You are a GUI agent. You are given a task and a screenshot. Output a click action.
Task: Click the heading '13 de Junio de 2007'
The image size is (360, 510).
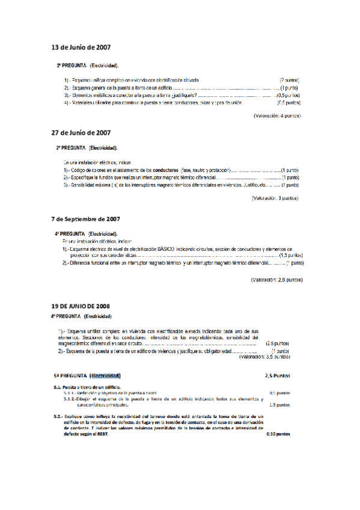[x=81, y=47]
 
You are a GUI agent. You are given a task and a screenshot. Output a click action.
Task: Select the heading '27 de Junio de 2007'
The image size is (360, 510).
[x=81, y=132]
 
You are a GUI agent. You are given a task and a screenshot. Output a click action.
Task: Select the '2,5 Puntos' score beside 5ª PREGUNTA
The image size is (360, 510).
[x=277, y=376]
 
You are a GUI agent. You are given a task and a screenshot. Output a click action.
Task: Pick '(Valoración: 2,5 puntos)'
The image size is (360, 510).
[x=268, y=280]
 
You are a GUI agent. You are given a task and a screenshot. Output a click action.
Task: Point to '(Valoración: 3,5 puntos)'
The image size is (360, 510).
[x=265, y=357]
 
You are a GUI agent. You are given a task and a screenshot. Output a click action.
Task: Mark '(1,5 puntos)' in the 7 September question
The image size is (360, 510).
[x=291, y=255]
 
